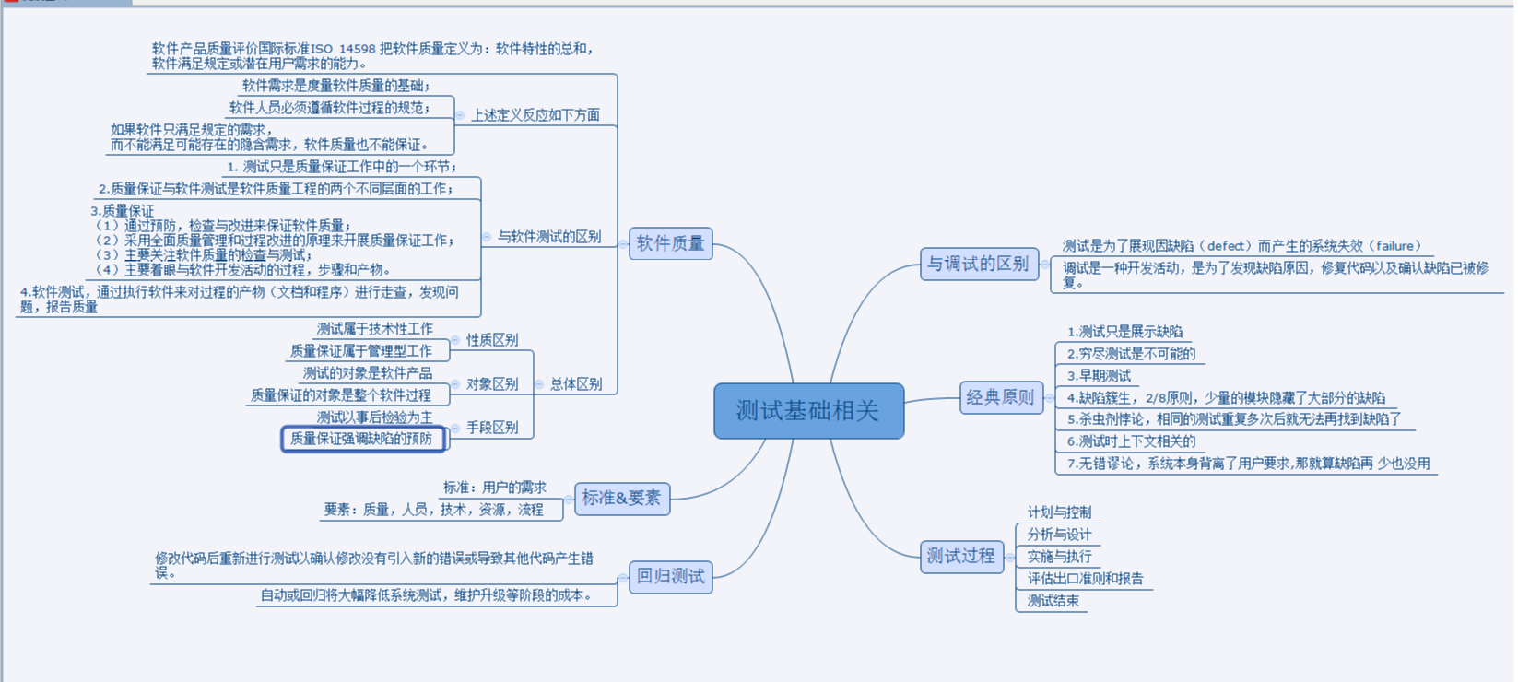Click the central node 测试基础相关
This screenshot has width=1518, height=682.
pyautogui.click(x=808, y=411)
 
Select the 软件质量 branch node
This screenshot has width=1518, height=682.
pyautogui.click(x=670, y=243)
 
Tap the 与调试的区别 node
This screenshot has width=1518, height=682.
pyautogui.click(x=978, y=264)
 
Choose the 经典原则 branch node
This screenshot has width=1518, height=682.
pyautogui.click(x=1000, y=397)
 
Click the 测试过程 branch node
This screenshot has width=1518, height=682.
pyautogui.click(x=960, y=556)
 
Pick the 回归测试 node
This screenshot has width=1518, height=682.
pyautogui.click(x=670, y=577)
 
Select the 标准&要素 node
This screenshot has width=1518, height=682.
pyautogui.click(x=621, y=499)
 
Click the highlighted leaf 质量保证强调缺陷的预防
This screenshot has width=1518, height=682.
pyautogui.click(x=361, y=439)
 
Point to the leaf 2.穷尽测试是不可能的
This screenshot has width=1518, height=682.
pyautogui.click(x=1131, y=354)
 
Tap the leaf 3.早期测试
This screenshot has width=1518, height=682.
pyautogui.click(x=1099, y=376)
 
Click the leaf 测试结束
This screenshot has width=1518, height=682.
pyautogui.click(x=1053, y=601)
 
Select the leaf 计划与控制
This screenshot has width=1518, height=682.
pyautogui.click(x=1059, y=512)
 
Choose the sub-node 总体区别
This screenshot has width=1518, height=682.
pyautogui.click(x=576, y=384)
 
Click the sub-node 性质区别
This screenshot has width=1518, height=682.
pyautogui.click(x=491, y=340)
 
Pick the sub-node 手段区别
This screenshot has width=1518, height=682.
pyautogui.click(x=491, y=428)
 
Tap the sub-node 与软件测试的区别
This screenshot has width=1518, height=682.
pyautogui.click(x=549, y=237)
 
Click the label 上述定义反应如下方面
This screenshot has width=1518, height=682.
pyautogui.click(x=535, y=115)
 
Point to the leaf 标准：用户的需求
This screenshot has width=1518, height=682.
pyautogui.click(x=494, y=488)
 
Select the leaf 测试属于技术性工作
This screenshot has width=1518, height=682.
pyautogui.click(x=374, y=329)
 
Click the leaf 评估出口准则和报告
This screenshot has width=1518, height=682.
pyautogui.click(x=1085, y=579)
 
